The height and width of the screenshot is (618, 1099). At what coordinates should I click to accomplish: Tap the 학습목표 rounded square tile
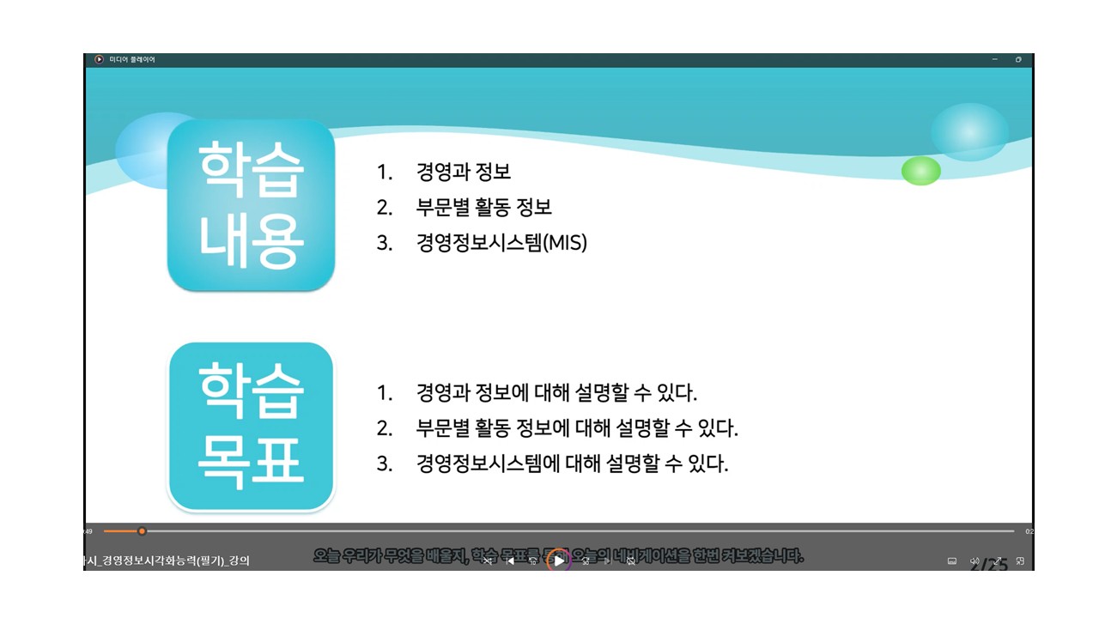251,427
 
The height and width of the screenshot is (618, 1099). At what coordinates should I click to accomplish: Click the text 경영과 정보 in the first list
464,172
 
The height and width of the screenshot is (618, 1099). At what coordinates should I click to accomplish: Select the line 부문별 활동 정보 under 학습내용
483,208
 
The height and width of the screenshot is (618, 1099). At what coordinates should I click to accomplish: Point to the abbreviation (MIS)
566,243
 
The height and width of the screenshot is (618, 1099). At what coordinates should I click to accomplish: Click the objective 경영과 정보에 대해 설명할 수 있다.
556,393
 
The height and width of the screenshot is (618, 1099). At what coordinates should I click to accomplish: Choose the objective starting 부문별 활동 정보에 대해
577,428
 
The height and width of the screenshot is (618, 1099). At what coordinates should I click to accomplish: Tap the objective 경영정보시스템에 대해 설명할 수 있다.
572,464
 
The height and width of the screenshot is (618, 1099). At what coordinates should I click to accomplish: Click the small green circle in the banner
920,171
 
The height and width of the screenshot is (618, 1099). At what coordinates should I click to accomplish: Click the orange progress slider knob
142,531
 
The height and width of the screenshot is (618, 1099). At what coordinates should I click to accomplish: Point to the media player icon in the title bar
99,59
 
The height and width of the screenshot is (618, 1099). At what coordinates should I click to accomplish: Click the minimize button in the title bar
994,59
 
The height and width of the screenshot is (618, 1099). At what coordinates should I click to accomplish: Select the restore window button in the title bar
1018,59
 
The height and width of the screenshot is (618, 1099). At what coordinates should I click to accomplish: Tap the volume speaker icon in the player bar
975,561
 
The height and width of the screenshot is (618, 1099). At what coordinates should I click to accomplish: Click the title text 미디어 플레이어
132,59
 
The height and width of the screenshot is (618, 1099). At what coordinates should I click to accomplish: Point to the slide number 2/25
989,566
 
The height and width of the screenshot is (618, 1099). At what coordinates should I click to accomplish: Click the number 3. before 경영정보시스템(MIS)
384,243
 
